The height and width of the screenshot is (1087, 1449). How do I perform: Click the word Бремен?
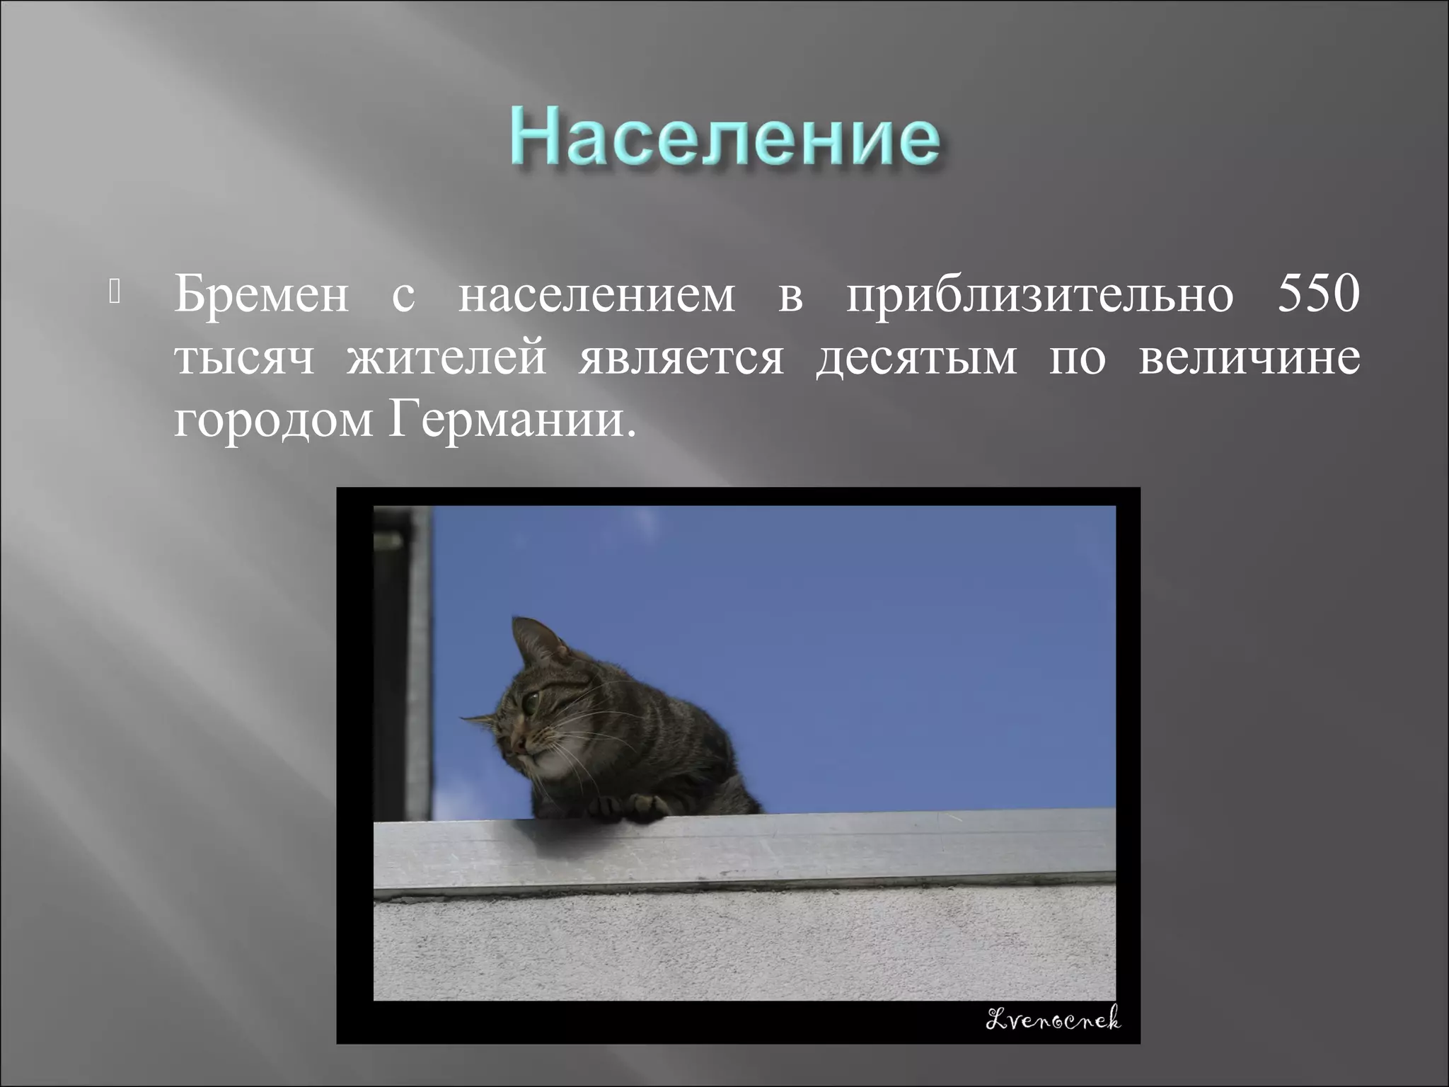[x=261, y=296]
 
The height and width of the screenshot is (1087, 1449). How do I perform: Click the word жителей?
[x=446, y=358]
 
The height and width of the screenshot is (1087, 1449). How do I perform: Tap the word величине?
[x=1249, y=357]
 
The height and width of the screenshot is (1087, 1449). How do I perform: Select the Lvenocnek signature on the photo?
[x=1053, y=1019]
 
